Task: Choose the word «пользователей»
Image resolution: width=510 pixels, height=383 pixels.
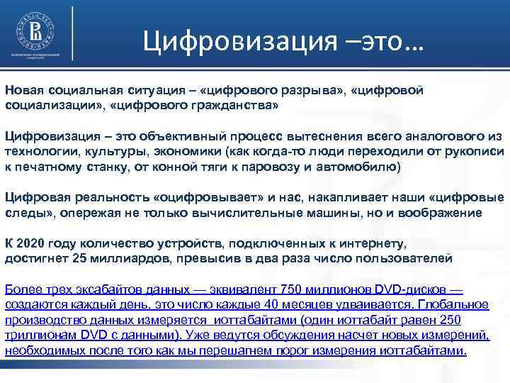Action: pos(405,258)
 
